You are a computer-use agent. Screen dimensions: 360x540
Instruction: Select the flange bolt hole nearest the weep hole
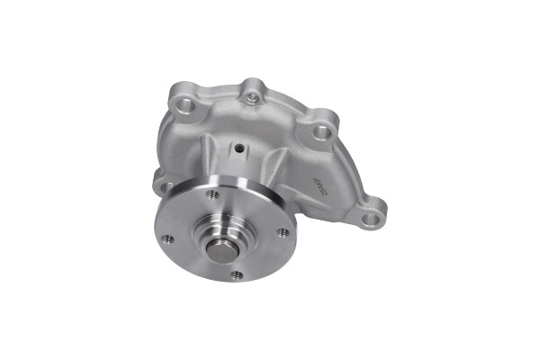click(213, 194)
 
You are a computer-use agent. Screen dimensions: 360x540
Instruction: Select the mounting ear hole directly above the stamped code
click(322, 133)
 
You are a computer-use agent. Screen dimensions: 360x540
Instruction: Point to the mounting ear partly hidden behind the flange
click(162, 186)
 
